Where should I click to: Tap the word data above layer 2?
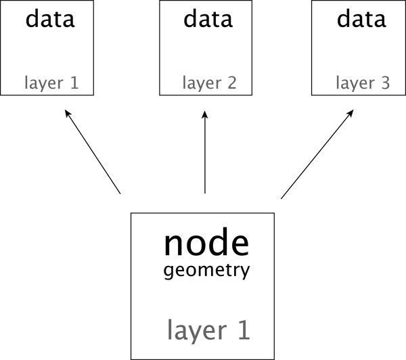(x=207, y=19)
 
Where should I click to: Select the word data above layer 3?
(x=361, y=19)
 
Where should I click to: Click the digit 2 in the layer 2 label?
(x=231, y=84)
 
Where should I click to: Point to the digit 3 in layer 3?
(x=385, y=84)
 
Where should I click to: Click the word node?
(x=206, y=244)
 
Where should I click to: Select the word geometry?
(x=207, y=272)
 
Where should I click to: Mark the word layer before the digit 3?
(x=354, y=84)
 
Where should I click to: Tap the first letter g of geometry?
(x=168, y=273)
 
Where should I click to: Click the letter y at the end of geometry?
(x=246, y=273)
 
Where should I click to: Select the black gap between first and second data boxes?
(x=127, y=47)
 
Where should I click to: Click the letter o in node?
(x=196, y=245)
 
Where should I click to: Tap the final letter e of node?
(x=239, y=245)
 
